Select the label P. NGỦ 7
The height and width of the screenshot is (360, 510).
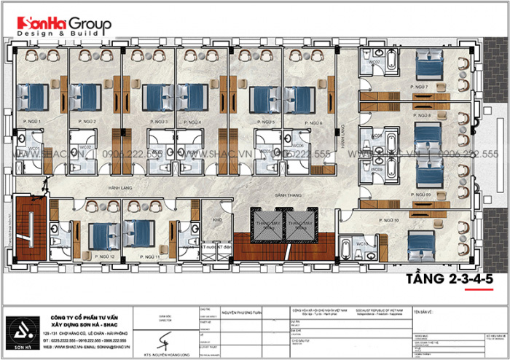coord(421,87)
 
